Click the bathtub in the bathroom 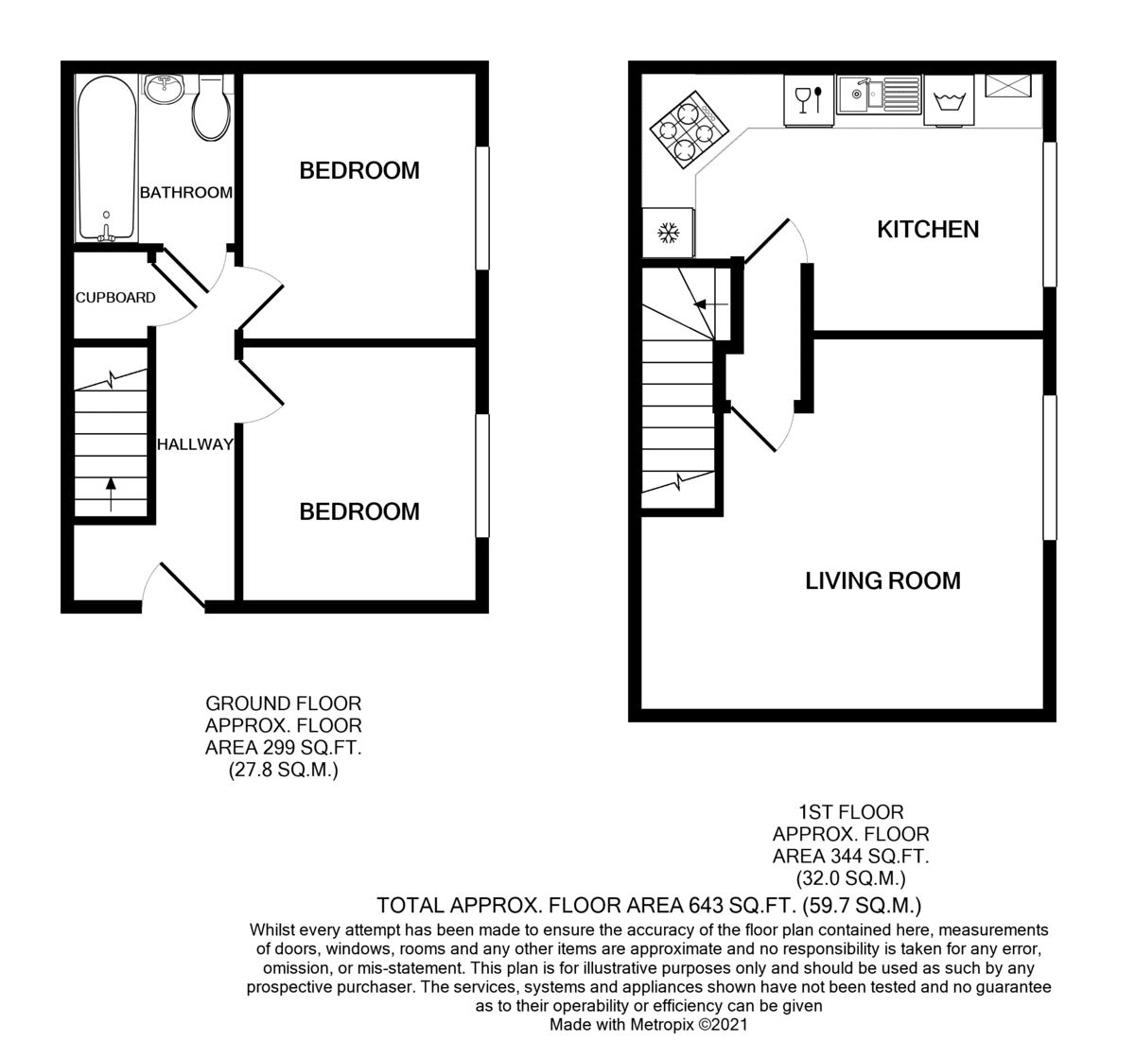pos(107,157)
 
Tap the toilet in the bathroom pos(212,109)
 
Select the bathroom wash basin pos(164,90)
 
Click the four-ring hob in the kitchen pos(690,130)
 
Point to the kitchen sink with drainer pos(880,94)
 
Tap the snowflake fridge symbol pos(668,233)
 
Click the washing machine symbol pos(949,101)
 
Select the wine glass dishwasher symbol pos(809,100)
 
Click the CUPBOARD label pos(115,298)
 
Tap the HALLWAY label pos(195,444)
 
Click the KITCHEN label pos(928,229)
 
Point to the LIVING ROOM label pos(882,581)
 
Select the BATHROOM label pos(186,193)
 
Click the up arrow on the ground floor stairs pos(111,494)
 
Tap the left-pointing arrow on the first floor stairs pos(711,304)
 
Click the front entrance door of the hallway pos(172,586)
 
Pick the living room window pos(1050,467)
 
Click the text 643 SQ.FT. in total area pos(742,905)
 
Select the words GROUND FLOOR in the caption pos(284,703)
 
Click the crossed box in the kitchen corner pos(1008,85)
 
